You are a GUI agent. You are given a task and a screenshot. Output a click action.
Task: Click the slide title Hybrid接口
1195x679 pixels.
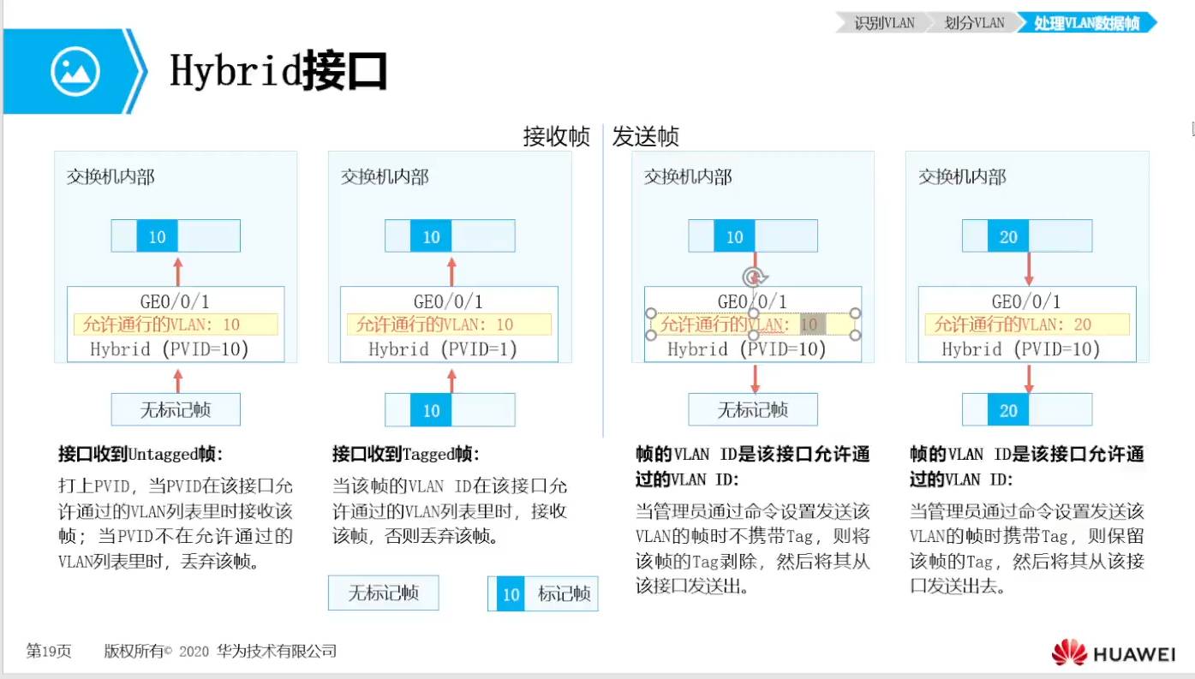click(278, 71)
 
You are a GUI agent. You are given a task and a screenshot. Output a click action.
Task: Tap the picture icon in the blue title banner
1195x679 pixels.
click(75, 71)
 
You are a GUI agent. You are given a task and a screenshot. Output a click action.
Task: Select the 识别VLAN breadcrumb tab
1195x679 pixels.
click(884, 23)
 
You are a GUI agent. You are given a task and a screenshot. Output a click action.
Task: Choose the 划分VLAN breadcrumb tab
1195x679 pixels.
click(974, 23)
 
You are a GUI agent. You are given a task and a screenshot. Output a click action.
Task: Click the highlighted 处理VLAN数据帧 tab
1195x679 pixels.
click(1086, 23)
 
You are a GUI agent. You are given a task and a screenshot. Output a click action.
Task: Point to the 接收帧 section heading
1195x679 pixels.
click(557, 137)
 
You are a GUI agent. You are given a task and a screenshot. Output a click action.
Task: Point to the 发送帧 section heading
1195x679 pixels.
click(646, 137)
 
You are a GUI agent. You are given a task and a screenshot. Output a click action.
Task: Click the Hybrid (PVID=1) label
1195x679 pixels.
click(443, 349)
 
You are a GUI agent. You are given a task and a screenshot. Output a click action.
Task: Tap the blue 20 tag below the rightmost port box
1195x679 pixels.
click(1008, 410)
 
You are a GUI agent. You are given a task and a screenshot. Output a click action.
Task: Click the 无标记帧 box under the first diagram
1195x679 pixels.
click(176, 410)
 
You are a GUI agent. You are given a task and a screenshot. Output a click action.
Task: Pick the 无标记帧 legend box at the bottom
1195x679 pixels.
click(383, 593)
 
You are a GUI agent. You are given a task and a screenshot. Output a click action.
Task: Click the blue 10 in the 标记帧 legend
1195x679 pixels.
click(511, 593)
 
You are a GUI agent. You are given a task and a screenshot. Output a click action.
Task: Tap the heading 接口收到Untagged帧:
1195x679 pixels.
click(146, 454)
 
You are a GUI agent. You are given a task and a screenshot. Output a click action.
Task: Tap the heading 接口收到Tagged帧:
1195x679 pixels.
click(405, 454)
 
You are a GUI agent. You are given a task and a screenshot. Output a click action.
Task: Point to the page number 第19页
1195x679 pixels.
click(48, 652)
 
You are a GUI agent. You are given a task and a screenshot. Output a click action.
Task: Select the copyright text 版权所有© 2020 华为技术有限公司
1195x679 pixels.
click(220, 652)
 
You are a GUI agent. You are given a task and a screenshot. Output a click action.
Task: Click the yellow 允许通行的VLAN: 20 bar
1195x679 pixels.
click(1026, 325)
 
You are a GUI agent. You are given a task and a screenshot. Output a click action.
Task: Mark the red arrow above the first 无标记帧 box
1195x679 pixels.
click(178, 378)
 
